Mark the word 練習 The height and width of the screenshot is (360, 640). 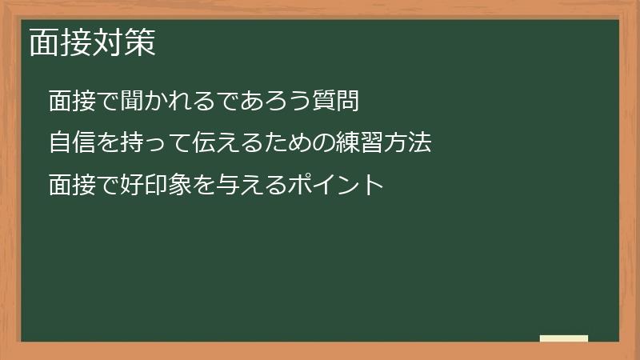(x=360, y=144)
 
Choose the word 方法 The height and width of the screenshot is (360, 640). (x=408, y=144)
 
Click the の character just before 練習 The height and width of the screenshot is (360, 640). (x=325, y=144)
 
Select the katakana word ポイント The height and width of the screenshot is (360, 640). (x=336, y=186)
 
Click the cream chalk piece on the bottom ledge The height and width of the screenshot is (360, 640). (x=564, y=338)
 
